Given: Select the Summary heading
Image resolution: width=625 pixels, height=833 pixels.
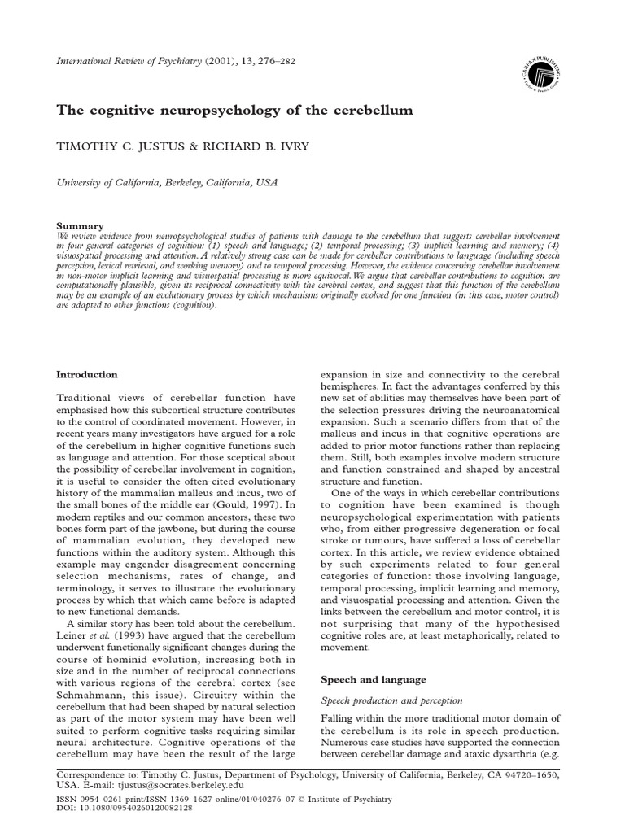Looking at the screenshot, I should [x=79, y=225].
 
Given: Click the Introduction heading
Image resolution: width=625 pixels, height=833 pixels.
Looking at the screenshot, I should [x=86, y=374].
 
